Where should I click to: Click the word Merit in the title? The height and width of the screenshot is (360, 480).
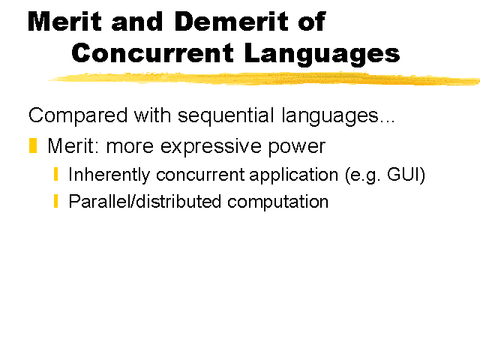64,22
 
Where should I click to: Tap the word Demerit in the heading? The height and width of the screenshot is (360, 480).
232,22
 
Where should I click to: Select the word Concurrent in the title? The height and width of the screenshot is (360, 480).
153,53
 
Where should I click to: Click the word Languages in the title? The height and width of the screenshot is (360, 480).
322,55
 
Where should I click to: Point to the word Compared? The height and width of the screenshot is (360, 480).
78,115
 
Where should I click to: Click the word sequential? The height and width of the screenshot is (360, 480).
226,115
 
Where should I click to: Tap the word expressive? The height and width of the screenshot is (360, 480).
211,147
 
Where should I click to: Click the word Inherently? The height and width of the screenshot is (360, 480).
109,175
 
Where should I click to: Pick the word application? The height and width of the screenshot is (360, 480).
293,175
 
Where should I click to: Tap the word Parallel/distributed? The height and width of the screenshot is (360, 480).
145,202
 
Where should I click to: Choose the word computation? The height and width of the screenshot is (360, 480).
277,202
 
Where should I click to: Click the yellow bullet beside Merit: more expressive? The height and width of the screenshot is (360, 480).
33,145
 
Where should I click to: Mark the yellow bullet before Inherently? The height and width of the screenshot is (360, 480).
55,174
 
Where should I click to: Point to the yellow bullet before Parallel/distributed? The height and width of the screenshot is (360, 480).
55,201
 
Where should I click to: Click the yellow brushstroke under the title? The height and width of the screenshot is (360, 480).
264,78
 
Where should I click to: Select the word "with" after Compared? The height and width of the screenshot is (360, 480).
152,115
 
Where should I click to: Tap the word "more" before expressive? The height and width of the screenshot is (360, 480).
130,147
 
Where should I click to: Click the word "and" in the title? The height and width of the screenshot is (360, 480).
136,22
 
